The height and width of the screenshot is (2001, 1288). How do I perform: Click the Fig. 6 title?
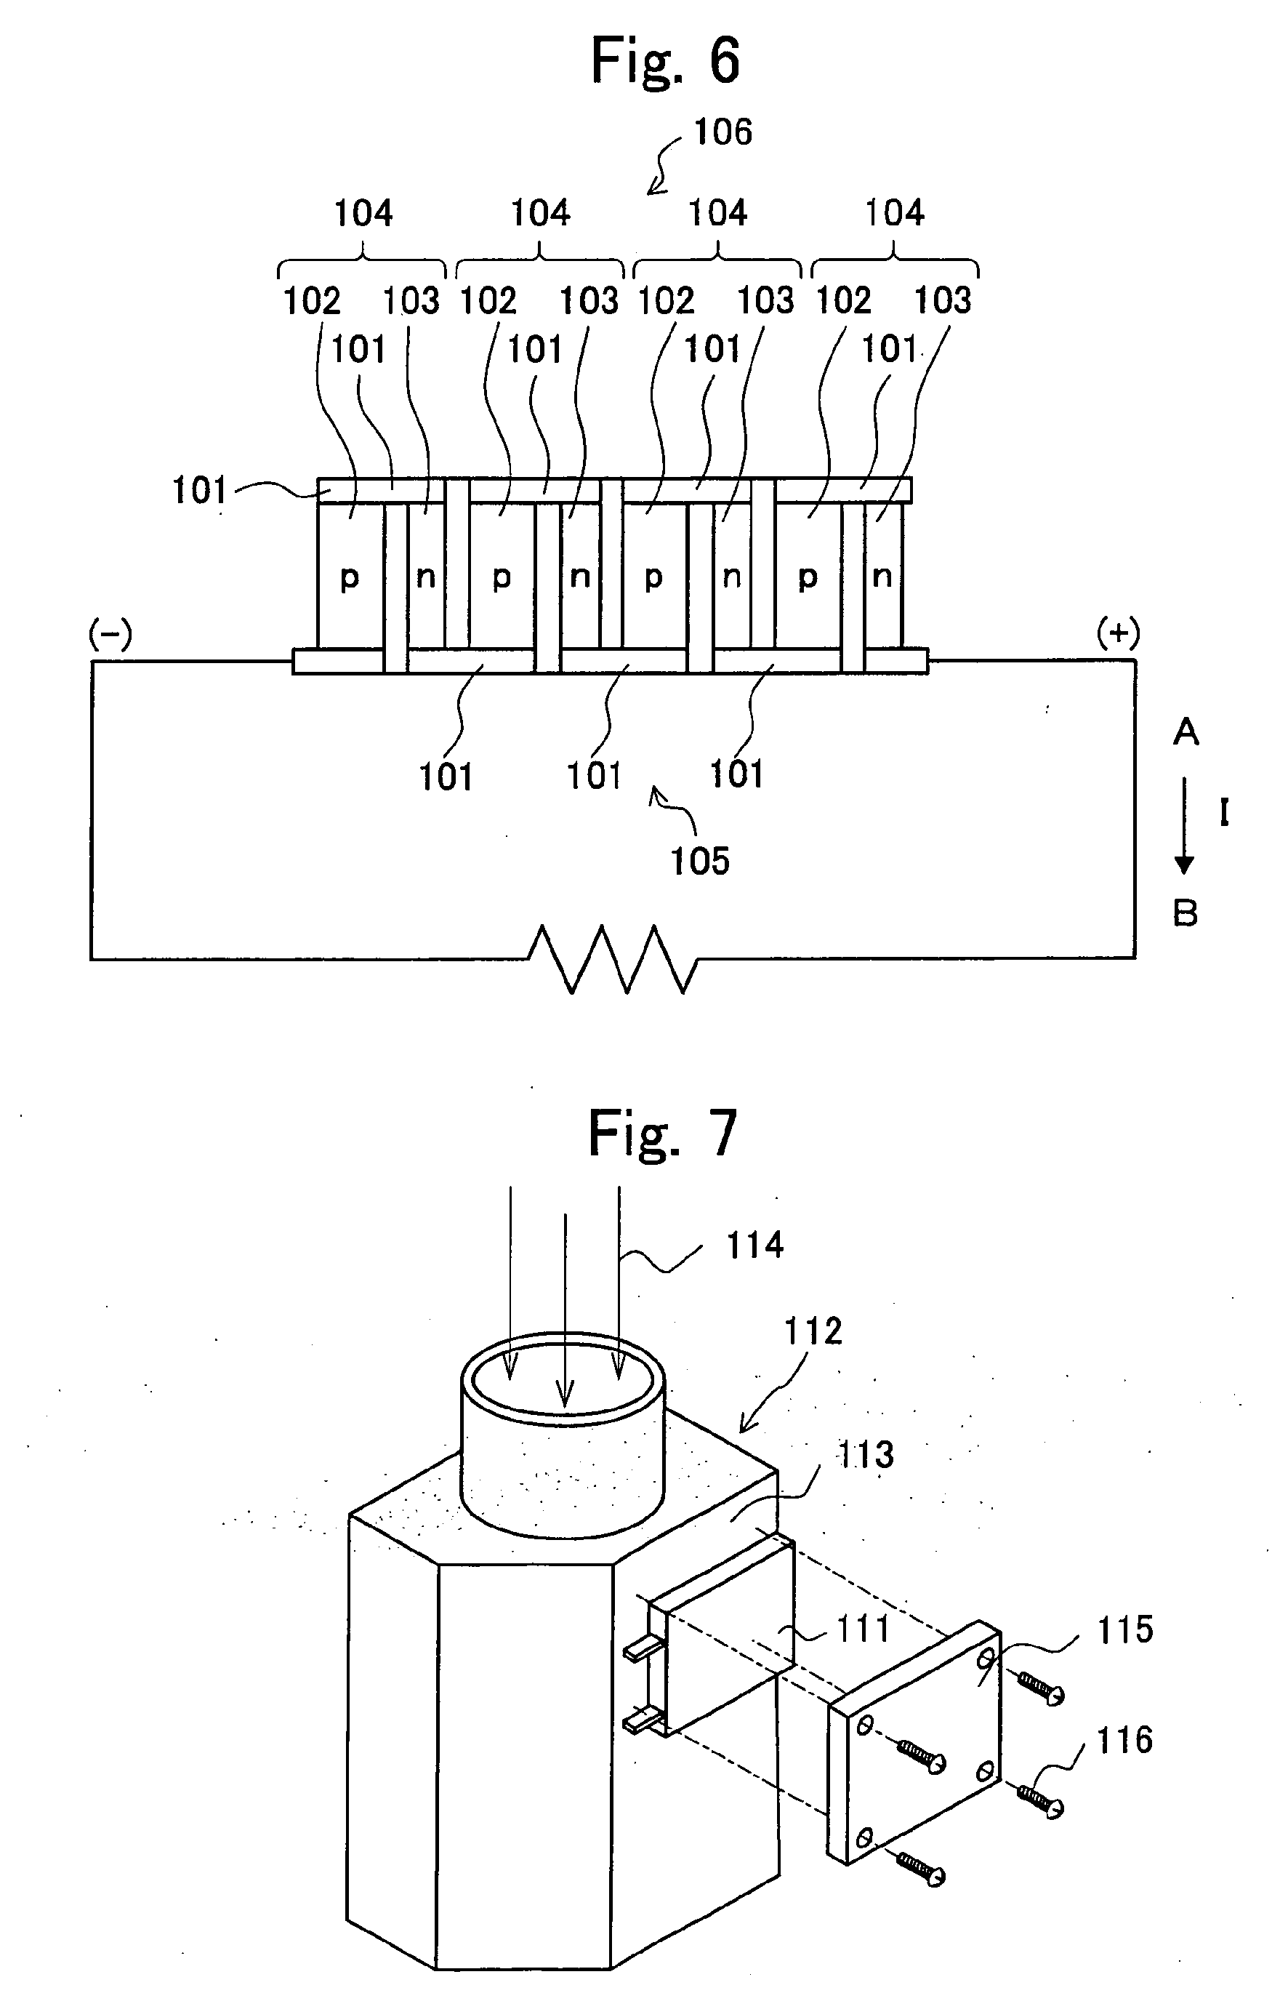(665, 61)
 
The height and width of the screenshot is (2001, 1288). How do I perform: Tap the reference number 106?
(723, 132)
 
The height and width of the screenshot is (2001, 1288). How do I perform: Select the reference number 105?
(700, 861)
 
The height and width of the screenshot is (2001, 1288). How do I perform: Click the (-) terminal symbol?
(110, 635)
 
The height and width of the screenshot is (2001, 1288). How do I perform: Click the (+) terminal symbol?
(1117, 635)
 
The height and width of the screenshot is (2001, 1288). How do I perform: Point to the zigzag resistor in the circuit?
(613, 958)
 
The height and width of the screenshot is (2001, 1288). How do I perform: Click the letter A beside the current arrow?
(1185, 733)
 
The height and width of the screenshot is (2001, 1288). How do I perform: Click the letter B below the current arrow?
(1185, 913)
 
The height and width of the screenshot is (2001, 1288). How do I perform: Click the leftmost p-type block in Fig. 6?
(350, 577)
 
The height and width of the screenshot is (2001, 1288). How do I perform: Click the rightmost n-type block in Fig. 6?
(882, 577)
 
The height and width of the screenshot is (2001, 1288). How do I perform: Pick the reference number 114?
(754, 1246)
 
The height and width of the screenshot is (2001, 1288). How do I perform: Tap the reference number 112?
(812, 1331)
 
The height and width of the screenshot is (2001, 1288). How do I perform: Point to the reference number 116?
(1124, 1741)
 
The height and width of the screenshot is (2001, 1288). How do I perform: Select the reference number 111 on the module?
(862, 1629)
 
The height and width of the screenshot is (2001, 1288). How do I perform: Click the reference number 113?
(866, 1456)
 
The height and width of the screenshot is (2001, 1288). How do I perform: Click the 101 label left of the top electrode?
(199, 490)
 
